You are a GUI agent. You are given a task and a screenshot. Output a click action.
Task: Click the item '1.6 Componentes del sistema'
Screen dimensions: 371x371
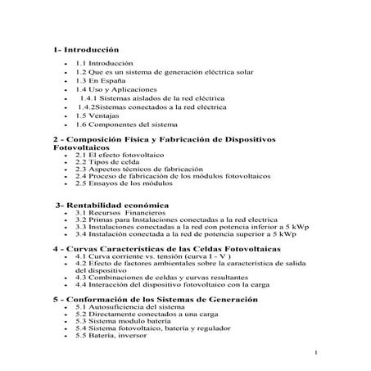click(127, 125)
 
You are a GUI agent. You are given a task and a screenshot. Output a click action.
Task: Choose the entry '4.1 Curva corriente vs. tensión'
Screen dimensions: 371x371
click(139, 256)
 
